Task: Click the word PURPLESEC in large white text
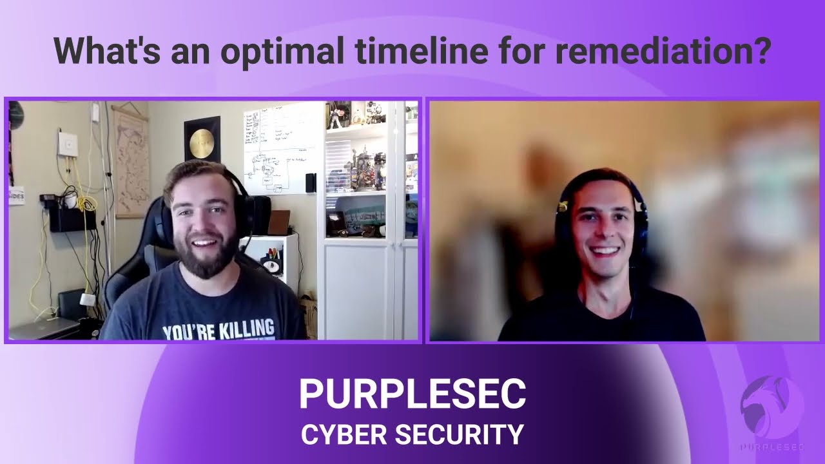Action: (x=412, y=394)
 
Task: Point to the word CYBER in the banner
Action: (x=342, y=434)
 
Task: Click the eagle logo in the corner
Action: (x=772, y=407)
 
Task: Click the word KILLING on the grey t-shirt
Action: (x=247, y=329)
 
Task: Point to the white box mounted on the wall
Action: (x=68, y=144)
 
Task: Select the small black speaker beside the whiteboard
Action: (x=311, y=182)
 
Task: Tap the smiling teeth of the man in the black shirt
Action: (x=604, y=250)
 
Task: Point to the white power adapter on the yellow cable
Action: (x=87, y=299)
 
